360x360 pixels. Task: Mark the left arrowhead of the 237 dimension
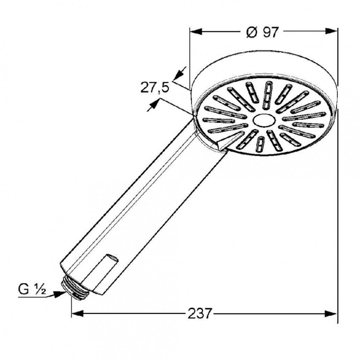point(77,314)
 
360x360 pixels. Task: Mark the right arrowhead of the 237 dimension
point(332,314)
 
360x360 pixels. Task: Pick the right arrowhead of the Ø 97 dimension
point(332,32)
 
